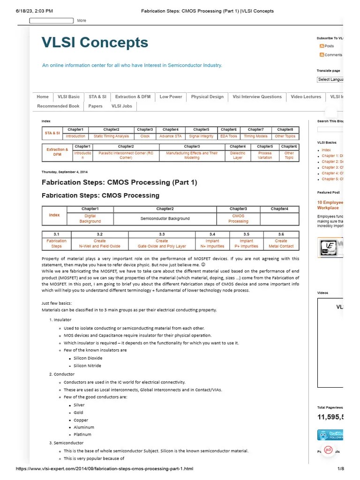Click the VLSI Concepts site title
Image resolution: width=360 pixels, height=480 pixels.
tap(95, 43)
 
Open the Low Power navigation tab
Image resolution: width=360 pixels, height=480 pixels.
tap(171, 97)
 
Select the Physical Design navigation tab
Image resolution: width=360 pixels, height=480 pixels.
tap(207, 97)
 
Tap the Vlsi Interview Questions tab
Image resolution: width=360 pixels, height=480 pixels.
tap(257, 97)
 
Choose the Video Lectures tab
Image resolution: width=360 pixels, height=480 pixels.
tap(306, 97)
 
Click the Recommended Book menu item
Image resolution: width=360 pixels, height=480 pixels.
tap(58, 106)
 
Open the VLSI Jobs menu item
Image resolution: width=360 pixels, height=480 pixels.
tap(121, 106)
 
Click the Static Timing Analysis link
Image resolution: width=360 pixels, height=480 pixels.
tap(111, 136)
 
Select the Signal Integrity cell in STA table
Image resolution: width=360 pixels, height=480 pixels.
tap(201, 136)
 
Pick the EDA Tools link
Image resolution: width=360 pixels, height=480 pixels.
tap(229, 136)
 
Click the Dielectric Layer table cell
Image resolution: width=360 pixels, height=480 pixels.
tap(238, 155)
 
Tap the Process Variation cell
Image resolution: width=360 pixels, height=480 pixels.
tap(265, 155)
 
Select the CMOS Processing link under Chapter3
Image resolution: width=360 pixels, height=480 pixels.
tap(238, 218)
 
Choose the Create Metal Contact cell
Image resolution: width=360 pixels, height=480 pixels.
tap(281, 243)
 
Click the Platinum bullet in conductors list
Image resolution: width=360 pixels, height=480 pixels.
tap(82, 435)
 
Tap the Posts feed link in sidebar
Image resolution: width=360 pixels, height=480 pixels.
tap(329, 46)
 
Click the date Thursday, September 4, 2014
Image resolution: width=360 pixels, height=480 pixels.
tap(64, 172)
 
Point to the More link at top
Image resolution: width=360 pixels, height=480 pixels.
tap(82, 21)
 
